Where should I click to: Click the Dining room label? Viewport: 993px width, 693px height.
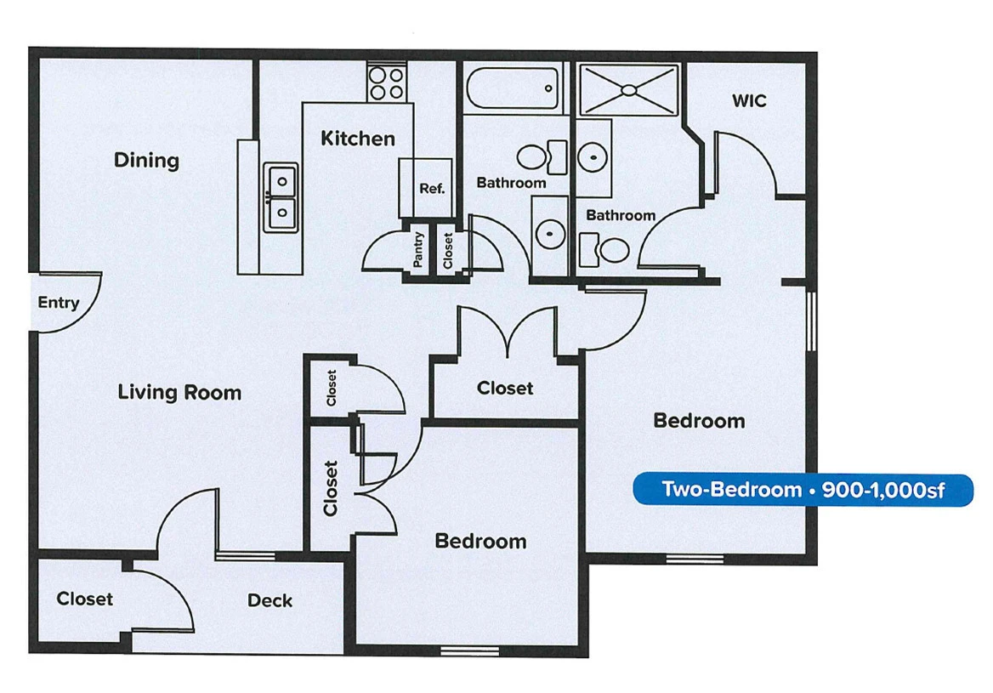[146, 160]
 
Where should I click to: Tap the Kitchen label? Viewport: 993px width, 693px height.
[357, 139]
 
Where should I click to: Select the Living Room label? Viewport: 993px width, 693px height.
[179, 392]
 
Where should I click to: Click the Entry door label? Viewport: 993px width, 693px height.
[59, 303]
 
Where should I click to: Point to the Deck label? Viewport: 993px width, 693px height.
[270, 600]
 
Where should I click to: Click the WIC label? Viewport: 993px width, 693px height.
[749, 101]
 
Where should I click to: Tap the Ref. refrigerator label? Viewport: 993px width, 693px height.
[432, 188]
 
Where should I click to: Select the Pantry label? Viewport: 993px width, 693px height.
[418, 250]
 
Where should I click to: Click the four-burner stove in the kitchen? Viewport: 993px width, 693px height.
[387, 82]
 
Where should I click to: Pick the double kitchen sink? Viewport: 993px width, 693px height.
[281, 197]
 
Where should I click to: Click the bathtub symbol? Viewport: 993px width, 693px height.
[514, 88]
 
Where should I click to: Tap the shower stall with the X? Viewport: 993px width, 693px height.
[629, 88]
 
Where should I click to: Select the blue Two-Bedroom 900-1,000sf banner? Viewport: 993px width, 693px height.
[803, 490]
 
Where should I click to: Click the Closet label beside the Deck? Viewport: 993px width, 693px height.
[84, 599]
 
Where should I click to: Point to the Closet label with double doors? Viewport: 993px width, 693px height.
[505, 388]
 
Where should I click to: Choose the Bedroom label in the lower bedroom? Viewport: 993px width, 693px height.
[480, 541]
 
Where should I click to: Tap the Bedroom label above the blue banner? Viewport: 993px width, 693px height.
[699, 420]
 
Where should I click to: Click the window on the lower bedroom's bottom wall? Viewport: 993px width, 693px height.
[469, 651]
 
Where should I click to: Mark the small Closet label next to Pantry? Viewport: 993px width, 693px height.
[448, 250]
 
